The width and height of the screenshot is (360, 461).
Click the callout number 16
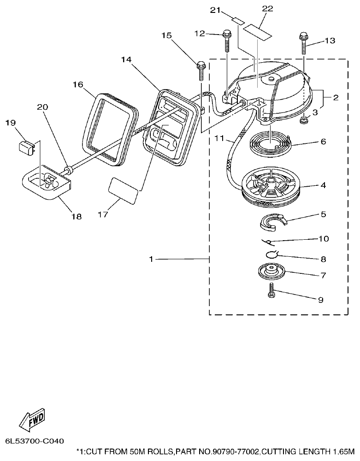coord(77,84)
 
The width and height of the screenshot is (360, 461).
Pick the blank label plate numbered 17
coord(123,191)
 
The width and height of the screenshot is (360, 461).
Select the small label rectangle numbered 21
coord(238,20)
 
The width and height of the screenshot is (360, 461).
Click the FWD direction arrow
coord(31,419)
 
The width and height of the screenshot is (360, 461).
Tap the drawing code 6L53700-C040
coord(35,441)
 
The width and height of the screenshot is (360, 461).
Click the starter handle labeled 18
coord(47,185)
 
